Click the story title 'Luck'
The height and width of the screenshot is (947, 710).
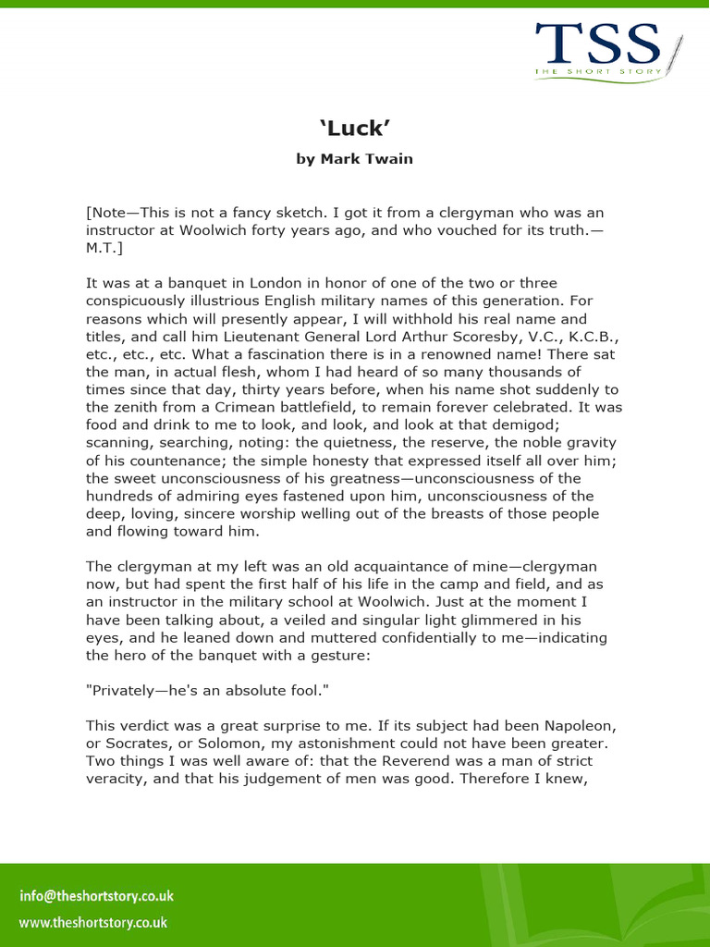point(354,127)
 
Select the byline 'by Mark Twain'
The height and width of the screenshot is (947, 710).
point(354,159)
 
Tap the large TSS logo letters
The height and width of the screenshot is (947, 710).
point(596,43)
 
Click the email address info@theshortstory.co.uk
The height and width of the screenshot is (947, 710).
point(96,895)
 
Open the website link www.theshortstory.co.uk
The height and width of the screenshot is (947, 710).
point(93,922)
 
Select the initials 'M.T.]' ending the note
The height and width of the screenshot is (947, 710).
point(104,247)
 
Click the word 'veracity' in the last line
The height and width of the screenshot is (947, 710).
point(116,779)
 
